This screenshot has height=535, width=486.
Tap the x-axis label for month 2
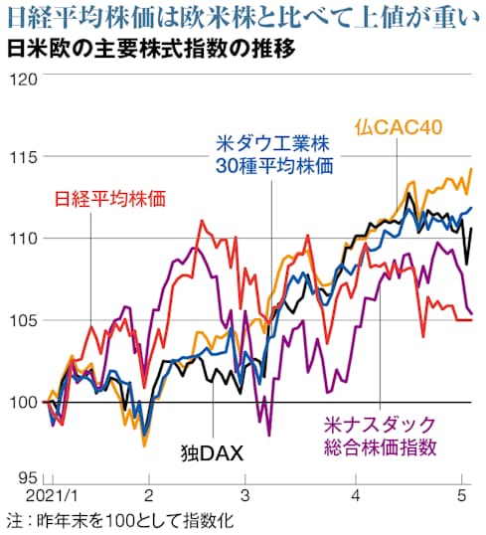[148, 494]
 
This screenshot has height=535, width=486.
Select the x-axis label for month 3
[244, 494]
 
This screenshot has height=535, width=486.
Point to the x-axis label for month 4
[355, 494]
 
